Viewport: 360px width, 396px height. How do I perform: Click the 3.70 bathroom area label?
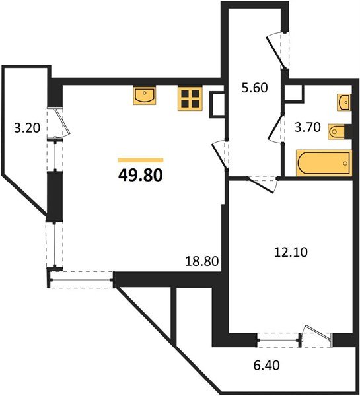(307, 129)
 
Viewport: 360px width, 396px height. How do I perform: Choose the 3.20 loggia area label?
(27, 128)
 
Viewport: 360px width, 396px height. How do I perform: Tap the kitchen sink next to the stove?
(144, 96)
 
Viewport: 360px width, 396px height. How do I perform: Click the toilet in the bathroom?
(337, 132)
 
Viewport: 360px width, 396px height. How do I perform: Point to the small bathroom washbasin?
(343, 103)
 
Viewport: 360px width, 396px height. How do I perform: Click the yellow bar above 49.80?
(140, 160)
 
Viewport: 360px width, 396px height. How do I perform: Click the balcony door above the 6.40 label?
(313, 335)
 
